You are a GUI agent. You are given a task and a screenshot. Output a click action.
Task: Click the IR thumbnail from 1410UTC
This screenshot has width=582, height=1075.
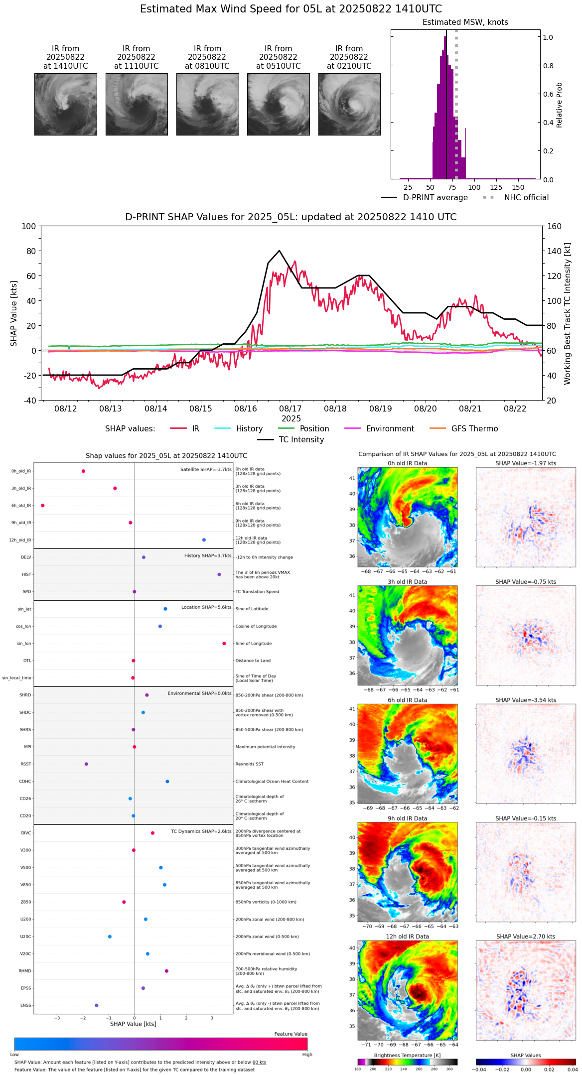click(x=66, y=104)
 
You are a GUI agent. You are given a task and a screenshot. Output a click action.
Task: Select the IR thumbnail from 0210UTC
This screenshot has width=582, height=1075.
click(x=349, y=104)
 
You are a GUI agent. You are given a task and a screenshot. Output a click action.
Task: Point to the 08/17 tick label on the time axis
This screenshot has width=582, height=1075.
click(x=291, y=409)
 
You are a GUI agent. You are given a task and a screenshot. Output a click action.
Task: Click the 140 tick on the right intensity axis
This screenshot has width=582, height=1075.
click(x=554, y=251)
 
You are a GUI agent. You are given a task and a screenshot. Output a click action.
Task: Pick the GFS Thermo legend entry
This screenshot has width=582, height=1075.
click(x=474, y=429)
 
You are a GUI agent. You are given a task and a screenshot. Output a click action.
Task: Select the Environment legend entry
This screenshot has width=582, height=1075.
click(x=390, y=429)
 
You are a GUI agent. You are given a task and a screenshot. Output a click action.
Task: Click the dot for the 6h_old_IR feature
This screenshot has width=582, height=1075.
click(x=43, y=506)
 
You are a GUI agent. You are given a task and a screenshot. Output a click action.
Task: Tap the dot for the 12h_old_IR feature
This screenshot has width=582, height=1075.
click(x=204, y=540)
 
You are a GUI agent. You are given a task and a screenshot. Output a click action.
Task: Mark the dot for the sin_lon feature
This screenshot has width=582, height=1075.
click(x=224, y=644)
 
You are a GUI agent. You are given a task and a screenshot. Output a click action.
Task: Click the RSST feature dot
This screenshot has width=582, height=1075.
click(x=86, y=764)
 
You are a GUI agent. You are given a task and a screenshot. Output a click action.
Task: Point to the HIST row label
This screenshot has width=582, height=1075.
click(x=26, y=575)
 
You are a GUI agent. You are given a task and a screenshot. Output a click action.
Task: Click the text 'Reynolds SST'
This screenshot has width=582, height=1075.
click(x=249, y=764)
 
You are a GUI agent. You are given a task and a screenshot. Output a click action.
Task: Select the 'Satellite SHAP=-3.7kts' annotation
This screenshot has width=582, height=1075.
click(x=206, y=470)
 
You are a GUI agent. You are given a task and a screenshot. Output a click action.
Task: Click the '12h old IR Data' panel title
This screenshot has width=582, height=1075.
click(x=407, y=937)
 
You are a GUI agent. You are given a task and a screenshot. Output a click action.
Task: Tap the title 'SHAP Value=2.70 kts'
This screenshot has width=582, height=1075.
click(x=526, y=937)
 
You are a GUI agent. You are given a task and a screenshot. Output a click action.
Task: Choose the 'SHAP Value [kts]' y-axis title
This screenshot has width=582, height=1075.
click(x=14, y=313)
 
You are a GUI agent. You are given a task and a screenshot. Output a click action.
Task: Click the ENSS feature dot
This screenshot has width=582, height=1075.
click(x=97, y=1005)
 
